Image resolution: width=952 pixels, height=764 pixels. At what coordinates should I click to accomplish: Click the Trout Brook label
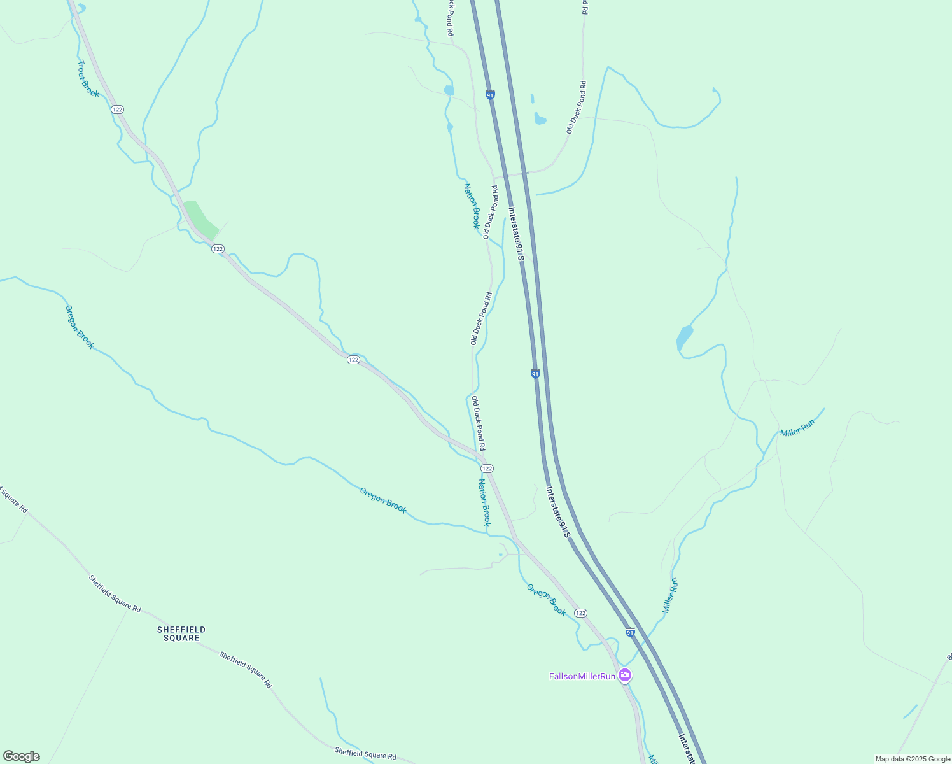[x=88, y=79]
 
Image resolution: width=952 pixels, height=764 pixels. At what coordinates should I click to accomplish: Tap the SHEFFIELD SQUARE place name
[x=181, y=633]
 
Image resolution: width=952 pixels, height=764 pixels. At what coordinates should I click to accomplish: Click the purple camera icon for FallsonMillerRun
[x=625, y=675]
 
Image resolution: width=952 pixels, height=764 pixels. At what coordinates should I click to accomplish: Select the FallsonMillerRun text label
[x=582, y=676]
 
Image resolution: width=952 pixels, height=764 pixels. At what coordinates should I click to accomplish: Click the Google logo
[x=22, y=756]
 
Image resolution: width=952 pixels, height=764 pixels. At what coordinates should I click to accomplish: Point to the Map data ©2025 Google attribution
[x=912, y=759]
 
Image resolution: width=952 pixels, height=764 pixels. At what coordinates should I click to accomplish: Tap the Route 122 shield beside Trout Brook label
[x=117, y=110]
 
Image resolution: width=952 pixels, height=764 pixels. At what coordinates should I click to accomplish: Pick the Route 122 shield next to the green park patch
[x=218, y=248]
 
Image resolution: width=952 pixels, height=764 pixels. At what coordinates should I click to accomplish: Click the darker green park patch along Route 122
[x=200, y=218]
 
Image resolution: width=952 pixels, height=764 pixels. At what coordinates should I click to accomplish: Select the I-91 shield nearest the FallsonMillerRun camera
[x=629, y=632]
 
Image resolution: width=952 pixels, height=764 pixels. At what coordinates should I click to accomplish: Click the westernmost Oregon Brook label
[x=80, y=327]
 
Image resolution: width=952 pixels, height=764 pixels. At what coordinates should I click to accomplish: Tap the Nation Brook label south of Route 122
[x=485, y=502]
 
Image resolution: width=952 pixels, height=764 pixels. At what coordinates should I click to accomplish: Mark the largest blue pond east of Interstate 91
[x=684, y=337]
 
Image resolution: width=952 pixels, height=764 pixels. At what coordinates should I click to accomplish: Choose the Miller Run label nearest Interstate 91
[x=670, y=595]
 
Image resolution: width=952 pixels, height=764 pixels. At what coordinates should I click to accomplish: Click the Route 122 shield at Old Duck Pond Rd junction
[x=487, y=469]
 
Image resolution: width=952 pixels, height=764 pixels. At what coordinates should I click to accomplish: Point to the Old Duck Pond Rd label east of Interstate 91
[x=576, y=107]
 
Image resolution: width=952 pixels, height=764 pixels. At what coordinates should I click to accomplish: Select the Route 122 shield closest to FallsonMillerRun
[x=580, y=612]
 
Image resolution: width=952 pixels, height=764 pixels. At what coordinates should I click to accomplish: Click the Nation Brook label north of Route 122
[x=472, y=206]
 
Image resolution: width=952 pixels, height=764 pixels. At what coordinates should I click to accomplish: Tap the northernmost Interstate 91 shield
[x=490, y=95]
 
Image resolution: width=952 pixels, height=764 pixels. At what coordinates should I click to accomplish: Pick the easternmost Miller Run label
[x=797, y=428]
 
